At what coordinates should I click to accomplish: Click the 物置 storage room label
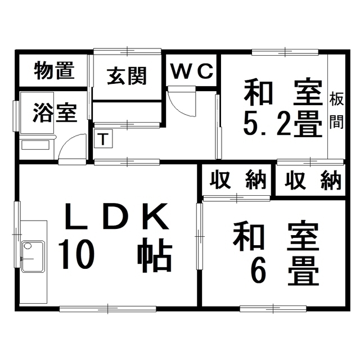click(x=55, y=71)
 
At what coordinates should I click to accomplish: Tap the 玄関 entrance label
click(x=127, y=75)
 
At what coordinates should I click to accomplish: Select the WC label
click(x=192, y=71)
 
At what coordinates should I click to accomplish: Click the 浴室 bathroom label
click(x=55, y=112)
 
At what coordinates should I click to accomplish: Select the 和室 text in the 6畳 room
click(x=276, y=238)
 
